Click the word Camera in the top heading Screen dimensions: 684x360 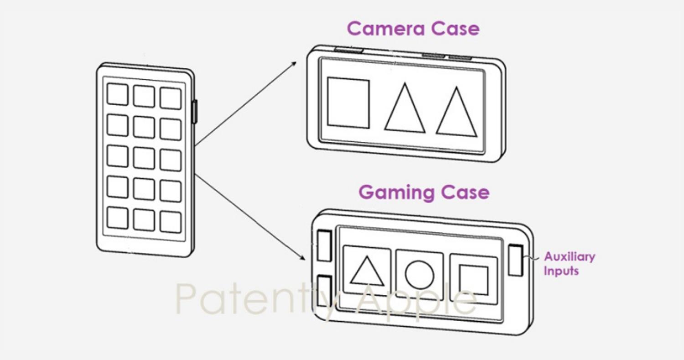click(x=386, y=29)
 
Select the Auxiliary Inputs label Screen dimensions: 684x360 click(x=570, y=263)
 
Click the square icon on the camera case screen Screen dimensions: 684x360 click(x=348, y=103)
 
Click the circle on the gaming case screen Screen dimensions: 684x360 click(x=420, y=275)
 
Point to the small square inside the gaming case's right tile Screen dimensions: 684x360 click(x=473, y=280)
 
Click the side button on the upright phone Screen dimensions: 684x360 click(x=195, y=112)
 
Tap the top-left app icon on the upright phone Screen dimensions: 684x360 click(x=118, y=94)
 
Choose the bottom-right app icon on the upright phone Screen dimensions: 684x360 click(x=171, y=222)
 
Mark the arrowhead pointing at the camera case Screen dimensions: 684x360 click(x=294, y=63)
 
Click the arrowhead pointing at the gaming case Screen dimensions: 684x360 click(x=302, y=257)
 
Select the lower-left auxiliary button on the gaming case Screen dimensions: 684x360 click(x=324, y=291)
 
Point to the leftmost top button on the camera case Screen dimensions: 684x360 click(x=348, y=50)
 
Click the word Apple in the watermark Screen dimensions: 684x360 click(x=416, y=300)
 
